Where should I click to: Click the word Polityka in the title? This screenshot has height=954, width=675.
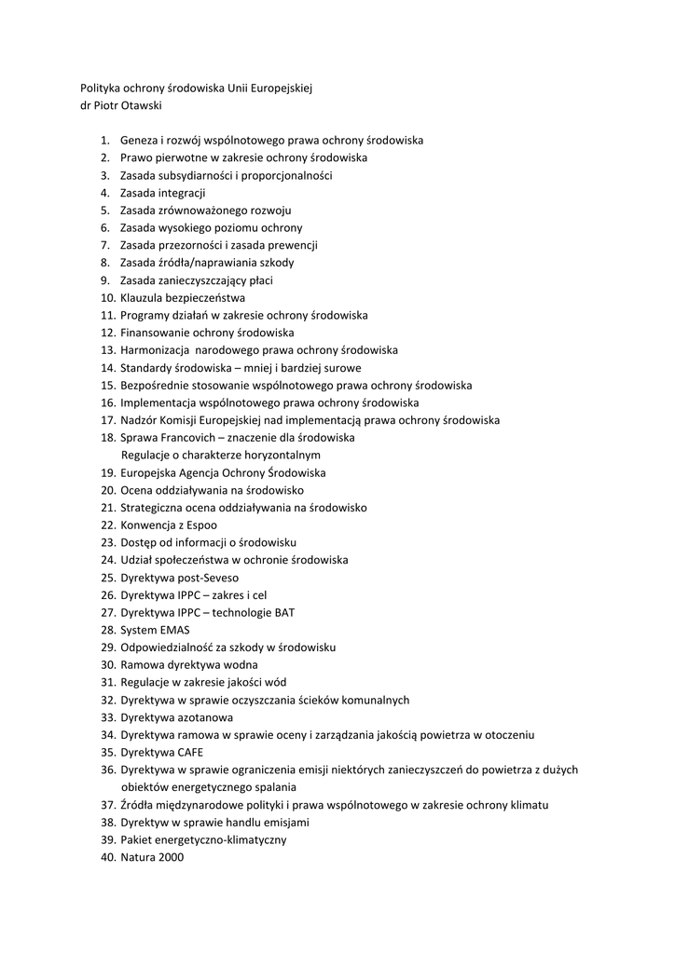click(x=101, y=88)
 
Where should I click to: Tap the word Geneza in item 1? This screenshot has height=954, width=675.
click(x=138, y=141)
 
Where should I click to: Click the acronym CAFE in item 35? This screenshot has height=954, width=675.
click(x=186, y=753)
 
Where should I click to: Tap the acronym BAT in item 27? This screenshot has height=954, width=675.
click(x=282, y=613)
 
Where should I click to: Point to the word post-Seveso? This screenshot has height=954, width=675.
click(x=204, y=578)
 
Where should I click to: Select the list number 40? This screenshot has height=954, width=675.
click(x=106, y=858)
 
